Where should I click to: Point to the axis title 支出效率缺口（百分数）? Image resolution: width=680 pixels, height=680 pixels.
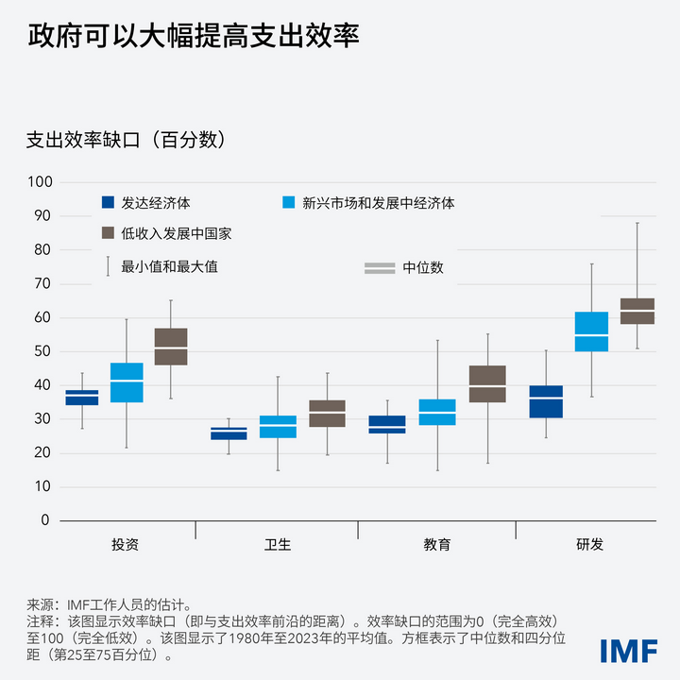coord(126,140)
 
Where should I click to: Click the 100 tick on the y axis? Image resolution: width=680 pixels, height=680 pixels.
coord(39,182)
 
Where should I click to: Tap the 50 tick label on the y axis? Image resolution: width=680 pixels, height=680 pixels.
coord(42,351)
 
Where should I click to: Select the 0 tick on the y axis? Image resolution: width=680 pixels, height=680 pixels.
coord(45,520)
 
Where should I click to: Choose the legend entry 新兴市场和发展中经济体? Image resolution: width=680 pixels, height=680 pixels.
coord(378,202)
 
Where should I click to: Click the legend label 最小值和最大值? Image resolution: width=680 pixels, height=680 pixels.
coord(170,266)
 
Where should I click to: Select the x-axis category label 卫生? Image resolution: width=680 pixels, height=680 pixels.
coord(277,544)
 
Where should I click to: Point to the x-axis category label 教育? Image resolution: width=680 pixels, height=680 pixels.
coord(436,544)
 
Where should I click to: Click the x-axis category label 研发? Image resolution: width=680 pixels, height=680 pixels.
coord(590,544)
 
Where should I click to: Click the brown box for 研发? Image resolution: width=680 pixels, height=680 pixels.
coord(637,311)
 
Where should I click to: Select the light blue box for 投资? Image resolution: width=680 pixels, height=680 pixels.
coord(127,382)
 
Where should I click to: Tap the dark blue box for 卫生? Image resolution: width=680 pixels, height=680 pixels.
coord(229,433)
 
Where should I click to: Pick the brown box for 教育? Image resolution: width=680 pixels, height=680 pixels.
coord(487,383)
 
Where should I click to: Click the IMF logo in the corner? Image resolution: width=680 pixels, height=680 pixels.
coord(628,650)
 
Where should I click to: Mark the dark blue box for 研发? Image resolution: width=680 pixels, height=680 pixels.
coord(546,401)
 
